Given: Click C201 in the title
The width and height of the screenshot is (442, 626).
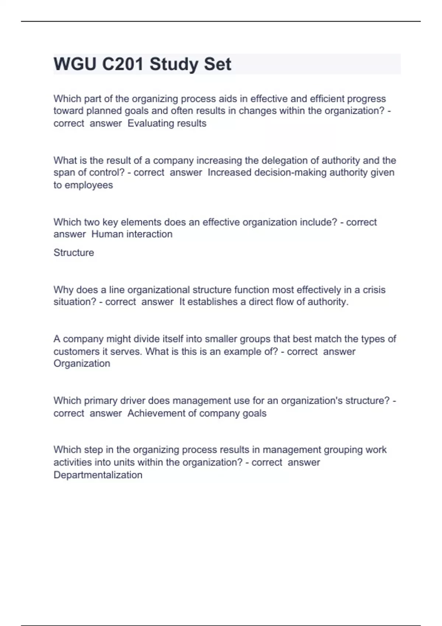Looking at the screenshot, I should pos(123,64).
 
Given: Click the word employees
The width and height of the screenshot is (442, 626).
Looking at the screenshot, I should pos(89,185).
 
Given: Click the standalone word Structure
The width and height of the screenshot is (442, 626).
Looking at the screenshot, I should pos(74,253).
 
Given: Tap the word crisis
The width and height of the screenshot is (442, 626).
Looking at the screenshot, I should pos(374,290).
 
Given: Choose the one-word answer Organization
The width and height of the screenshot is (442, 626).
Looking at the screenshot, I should pos(82,364).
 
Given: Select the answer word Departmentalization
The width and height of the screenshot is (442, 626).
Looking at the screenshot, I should pos(98,475).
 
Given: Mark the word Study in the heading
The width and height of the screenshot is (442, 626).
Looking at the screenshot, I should pos(173,64).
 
